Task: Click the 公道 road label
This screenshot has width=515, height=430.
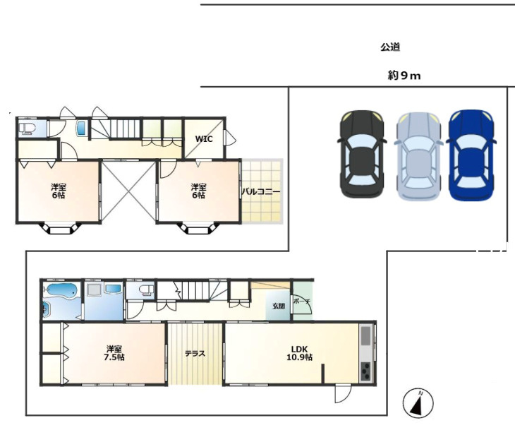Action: click(390, 47)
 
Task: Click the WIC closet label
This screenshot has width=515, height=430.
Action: click(204, 138)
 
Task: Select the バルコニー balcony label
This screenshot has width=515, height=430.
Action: click(261, 191)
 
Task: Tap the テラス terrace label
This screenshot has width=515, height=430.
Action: click(195, 354)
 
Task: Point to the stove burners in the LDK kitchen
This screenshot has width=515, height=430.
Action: click(367, 371)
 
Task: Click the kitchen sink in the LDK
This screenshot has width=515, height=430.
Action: click(367, 336)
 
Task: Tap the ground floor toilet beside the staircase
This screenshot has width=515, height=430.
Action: click(145, 290)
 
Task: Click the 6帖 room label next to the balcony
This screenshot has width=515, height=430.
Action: click(198, 191)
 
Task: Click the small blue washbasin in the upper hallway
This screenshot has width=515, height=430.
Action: click(80, 129)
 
